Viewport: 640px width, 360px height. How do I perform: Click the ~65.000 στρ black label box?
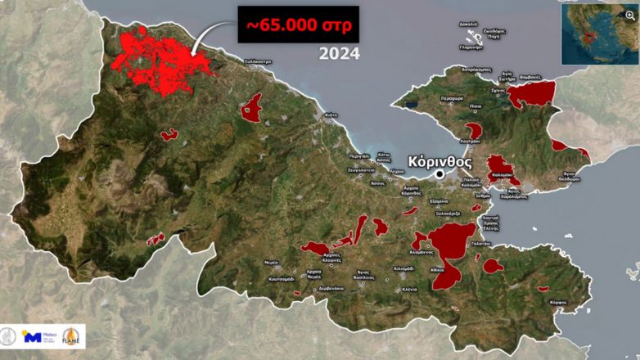point(299,25)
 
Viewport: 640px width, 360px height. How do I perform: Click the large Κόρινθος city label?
point(443,161)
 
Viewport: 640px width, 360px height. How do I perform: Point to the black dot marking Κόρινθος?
point(439,174)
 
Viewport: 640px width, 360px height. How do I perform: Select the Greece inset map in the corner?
point(598,32)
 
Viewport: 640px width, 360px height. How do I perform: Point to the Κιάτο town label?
point(331,115)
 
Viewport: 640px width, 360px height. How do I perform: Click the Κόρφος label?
point(559,302)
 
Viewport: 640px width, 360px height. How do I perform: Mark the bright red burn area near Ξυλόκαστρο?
point(164,57)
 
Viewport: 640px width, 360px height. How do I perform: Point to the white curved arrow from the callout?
point(209,37)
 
